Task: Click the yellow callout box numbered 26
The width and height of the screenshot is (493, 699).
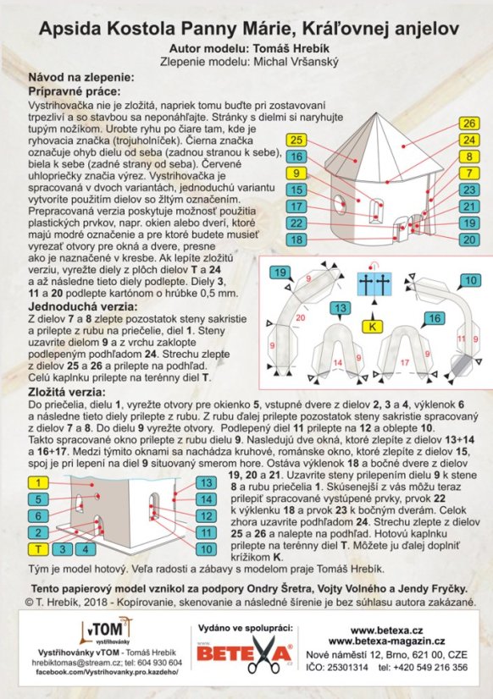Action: click(x=469, y=124)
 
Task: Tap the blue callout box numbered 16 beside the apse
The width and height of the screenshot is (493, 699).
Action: click(x=296, y=157)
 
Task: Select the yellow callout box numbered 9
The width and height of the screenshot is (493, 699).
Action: click(x=296, y=173)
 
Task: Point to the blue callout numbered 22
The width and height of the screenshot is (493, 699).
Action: click(x=296, y=223)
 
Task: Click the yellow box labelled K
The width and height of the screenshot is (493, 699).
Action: click(x=373, y=327)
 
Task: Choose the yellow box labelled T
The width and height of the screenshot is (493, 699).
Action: click(x=38, y=549)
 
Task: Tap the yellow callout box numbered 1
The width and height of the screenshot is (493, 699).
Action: click(x=38, y=483)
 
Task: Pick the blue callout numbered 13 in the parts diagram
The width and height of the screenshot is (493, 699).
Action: click(x=341, y=308)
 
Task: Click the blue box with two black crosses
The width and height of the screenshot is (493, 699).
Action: click(x=374, y=284)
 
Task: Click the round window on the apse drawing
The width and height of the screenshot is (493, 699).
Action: click(x=339, y=203)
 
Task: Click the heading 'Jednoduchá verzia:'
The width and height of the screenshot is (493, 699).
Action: click(x=83, y=306)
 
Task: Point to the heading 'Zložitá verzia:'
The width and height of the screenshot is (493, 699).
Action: click(x=67, y=393)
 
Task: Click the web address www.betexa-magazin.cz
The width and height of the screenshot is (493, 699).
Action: click(x=386, y=641)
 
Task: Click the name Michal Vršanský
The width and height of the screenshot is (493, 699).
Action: click(x=296, y=62)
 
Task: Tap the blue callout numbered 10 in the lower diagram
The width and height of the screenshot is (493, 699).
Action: click(x=206, y=549)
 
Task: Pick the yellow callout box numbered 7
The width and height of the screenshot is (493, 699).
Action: click(x=469, y=173)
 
